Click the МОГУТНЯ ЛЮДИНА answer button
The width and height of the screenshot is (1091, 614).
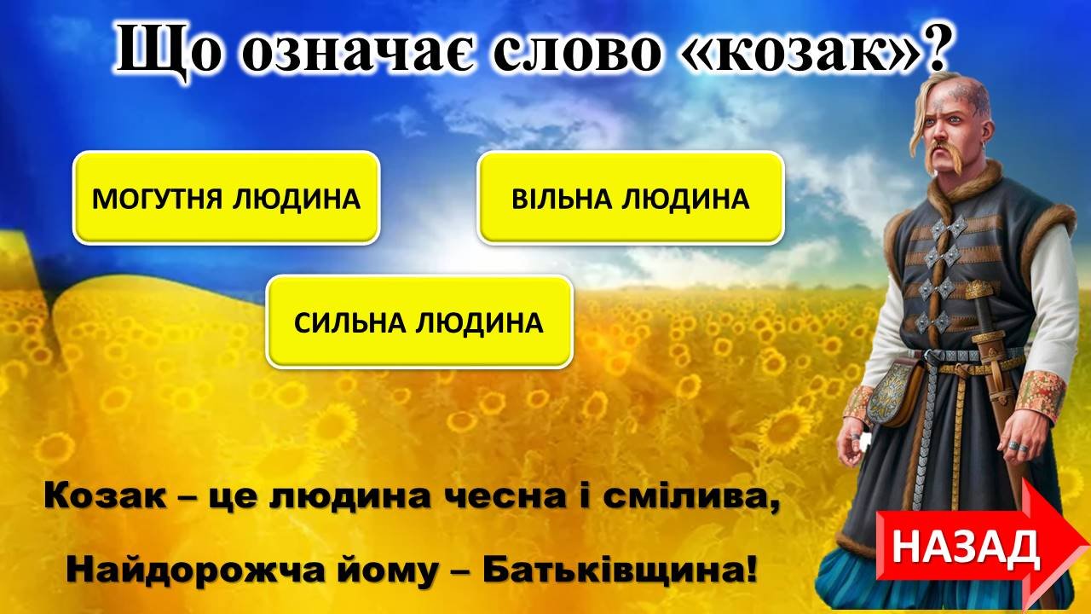226,198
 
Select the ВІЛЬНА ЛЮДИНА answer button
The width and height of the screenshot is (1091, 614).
631,198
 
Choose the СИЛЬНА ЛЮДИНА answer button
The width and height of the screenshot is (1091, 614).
419,321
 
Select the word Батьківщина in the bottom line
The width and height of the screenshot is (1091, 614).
620,571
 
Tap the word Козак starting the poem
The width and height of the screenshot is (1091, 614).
105,496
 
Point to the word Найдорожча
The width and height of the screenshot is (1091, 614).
195,571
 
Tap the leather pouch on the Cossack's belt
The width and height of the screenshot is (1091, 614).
898,394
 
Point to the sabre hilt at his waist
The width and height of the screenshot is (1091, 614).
979,293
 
